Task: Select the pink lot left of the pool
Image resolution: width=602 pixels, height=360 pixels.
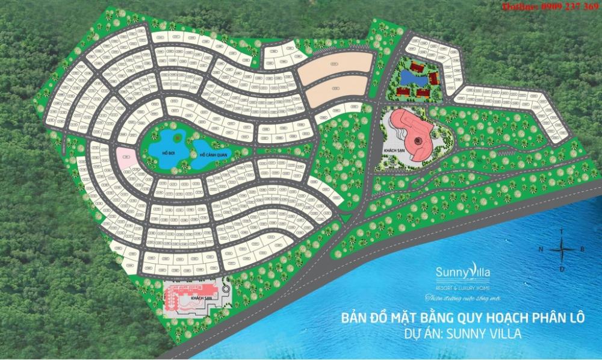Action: click(x=125, y=157)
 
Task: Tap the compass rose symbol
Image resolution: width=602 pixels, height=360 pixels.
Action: click(x=562, y=248)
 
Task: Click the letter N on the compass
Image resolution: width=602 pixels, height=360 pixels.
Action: click(x=541, y=249)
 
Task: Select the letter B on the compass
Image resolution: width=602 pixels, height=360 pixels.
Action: click(x=582, y=248)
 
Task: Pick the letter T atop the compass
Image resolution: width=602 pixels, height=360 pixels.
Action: click(x=562, y=231)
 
